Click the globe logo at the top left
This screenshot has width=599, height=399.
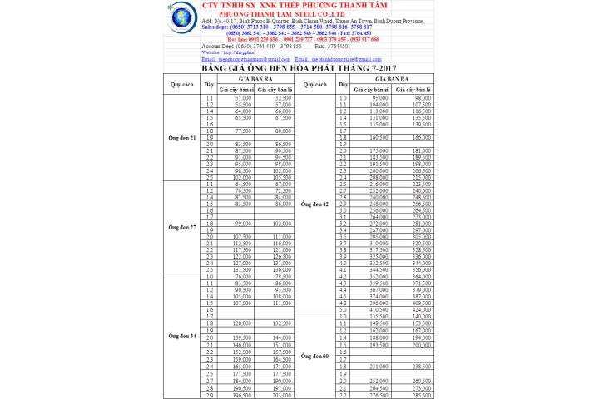(181, 17)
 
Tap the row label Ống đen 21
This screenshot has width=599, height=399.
(182, 138)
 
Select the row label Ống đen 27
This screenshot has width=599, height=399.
(182, 227)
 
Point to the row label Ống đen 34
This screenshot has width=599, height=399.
(182, 335)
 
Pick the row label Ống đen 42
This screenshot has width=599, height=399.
(314, 204)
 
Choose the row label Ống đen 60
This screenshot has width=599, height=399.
(314, 356)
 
